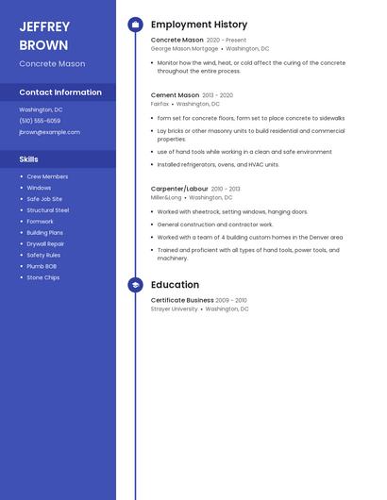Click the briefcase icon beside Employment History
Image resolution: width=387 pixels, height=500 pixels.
click(x=135, y=25)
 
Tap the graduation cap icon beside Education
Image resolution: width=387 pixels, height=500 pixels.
click(x=135, y=285)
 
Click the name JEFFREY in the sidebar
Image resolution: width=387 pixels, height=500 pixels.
click(x=44, y=26)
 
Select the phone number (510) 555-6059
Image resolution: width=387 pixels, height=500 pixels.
click(x=40, y=121)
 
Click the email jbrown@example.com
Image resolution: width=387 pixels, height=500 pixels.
click(x=49, y=132)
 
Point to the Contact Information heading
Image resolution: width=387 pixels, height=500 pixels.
click(x=60, y=92)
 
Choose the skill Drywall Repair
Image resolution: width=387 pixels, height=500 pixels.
click(x=45, y=243)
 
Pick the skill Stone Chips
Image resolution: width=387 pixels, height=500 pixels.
click(x=42, y=277)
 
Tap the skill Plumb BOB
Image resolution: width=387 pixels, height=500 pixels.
click(x=42, y=266)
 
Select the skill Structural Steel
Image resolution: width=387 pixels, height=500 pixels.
click(x=47, y=210)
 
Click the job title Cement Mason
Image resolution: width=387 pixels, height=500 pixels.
click(x=175, y=95)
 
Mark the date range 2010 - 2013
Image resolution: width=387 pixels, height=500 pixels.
click(x=226, y=189)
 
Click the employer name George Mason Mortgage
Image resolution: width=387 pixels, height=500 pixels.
click(x=184, y=48)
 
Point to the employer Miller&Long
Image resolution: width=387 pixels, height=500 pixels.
click(x=166, y=198)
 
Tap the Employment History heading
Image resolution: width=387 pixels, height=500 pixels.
click(x=199, y=25)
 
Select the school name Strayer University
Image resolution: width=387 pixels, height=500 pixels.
click(x=175, y=308)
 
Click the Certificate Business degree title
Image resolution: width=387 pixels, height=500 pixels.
click(x=182, y=300)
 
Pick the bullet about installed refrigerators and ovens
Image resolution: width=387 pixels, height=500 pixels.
click(x=218, y=164)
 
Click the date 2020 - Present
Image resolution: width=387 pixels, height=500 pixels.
click(x=226, y=41)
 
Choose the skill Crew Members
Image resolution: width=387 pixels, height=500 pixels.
click(x=47, y=176)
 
